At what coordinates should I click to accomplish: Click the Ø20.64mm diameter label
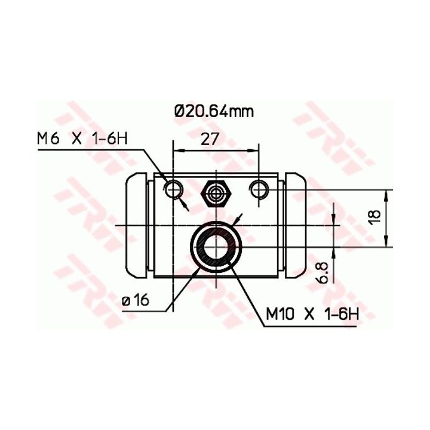(x=214, y=111)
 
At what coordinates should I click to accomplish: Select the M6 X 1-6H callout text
(x=82, y=139)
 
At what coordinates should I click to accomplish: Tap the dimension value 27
(x=210, y=139)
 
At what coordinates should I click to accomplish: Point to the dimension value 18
(x=375, y=217)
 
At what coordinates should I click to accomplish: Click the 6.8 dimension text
(x=322, y=272)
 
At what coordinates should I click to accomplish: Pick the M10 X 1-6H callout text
(x=312, y=314)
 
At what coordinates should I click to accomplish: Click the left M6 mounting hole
(x=174, y=189)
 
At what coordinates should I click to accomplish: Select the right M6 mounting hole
(x=259, y=189)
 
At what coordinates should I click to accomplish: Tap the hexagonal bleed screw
(x=216, y=193)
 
